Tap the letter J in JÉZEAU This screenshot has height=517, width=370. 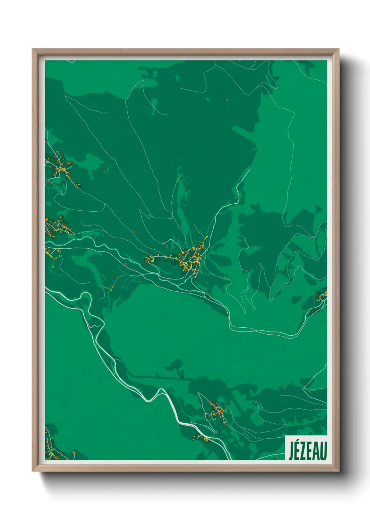point(291,451)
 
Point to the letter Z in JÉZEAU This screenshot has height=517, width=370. point(304,451)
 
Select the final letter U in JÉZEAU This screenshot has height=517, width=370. point(323,451)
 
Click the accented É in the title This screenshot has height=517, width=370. point(297,450)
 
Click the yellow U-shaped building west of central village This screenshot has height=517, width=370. point(150,259)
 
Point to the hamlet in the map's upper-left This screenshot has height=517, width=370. point(60,166)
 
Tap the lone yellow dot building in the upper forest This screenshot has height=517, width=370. point(227,101)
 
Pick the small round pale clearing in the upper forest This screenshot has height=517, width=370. point(154,102)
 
